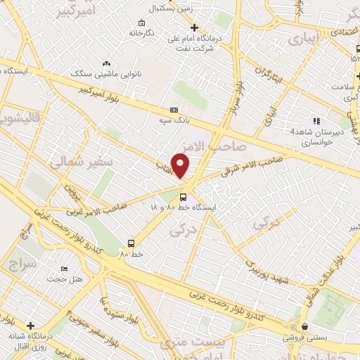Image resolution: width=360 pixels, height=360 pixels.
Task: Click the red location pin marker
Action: coord(181,165)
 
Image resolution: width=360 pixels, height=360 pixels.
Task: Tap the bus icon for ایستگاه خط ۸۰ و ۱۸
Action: coord(183,197)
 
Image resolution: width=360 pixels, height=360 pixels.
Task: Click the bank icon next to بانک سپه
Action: coord(174,110)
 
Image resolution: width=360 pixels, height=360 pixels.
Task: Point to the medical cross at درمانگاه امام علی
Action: coord(195,28)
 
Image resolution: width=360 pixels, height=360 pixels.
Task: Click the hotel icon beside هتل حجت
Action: coord(65,269)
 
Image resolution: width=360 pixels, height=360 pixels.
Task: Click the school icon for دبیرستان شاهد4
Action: coord(316,120)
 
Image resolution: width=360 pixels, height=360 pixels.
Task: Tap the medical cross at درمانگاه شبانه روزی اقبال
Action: coord(30,326)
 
